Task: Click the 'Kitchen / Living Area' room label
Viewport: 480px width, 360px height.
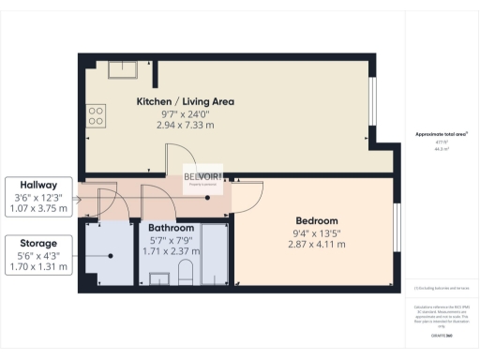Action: coord(185,101)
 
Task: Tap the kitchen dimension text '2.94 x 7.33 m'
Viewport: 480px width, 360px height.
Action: coord(185,124)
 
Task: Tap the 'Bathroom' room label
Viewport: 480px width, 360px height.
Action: coord(172,228)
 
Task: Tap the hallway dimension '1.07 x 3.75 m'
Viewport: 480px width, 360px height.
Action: coord(37,208)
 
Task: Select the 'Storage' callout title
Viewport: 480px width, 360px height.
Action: coord(37,243)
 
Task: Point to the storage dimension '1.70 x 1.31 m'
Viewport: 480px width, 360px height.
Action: coord(37,266)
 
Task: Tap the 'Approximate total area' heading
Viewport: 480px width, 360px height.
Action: coord(441,134)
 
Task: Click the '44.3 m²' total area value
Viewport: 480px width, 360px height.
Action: coord(441,149)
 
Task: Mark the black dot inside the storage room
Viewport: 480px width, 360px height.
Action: coord(111,255)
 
